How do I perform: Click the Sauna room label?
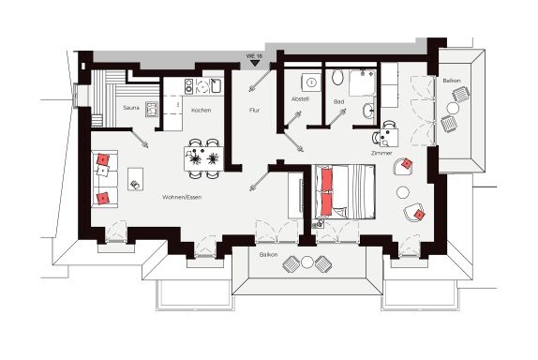click(131, 108)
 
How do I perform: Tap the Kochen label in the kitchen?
click(202, 111)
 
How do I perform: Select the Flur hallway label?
click(254, 111)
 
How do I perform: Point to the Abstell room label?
click(300, 99)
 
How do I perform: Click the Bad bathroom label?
click(338, 101)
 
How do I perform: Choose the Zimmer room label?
click(381, 153)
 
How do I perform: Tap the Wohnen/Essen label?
click(182, 197)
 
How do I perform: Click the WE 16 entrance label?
click(254, 55)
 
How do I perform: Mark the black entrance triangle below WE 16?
click(254, 63)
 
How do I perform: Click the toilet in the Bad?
click(338, 77)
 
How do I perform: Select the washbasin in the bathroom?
click(368, 111)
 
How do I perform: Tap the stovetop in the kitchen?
click(188, 86)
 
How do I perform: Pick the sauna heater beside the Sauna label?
click(151, 109)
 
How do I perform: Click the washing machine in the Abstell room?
click(311, 82)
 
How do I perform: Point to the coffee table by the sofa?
click(136, 179)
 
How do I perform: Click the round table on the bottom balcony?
click(307, 262)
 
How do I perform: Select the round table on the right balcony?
click(453, 109)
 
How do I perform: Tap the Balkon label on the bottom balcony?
click(269, 255)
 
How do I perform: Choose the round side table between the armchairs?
click(403, 192)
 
